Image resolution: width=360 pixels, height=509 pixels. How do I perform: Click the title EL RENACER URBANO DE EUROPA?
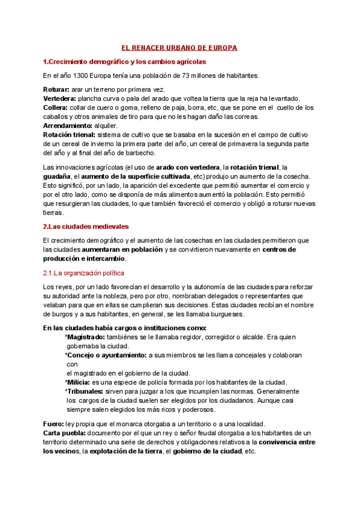pyautogui.click(x=179, y=47)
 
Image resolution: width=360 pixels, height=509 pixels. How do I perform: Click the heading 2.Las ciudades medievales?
pyautogui.click(x=86, y=226)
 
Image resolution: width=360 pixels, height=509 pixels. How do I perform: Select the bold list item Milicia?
pyautogui.click(x=78, y=382)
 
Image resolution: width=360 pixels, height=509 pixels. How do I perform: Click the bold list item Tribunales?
pyautogui.click(x=85, y=391)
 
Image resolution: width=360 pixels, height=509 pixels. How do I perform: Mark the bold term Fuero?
pyautogui.click(x=56, y=423)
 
